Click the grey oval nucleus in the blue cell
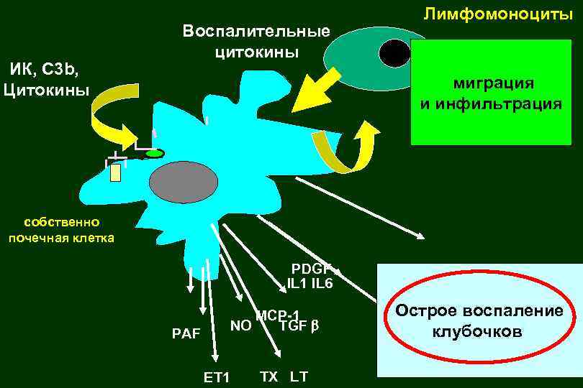point(182,181)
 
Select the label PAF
point(186,333)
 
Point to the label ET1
point(216,377)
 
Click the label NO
point(240,325)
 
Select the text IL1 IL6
point(309,284)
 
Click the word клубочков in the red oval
point(477,333)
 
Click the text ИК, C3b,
point(45,70)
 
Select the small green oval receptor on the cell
point(153,153)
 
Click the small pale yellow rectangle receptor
point(115,172)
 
